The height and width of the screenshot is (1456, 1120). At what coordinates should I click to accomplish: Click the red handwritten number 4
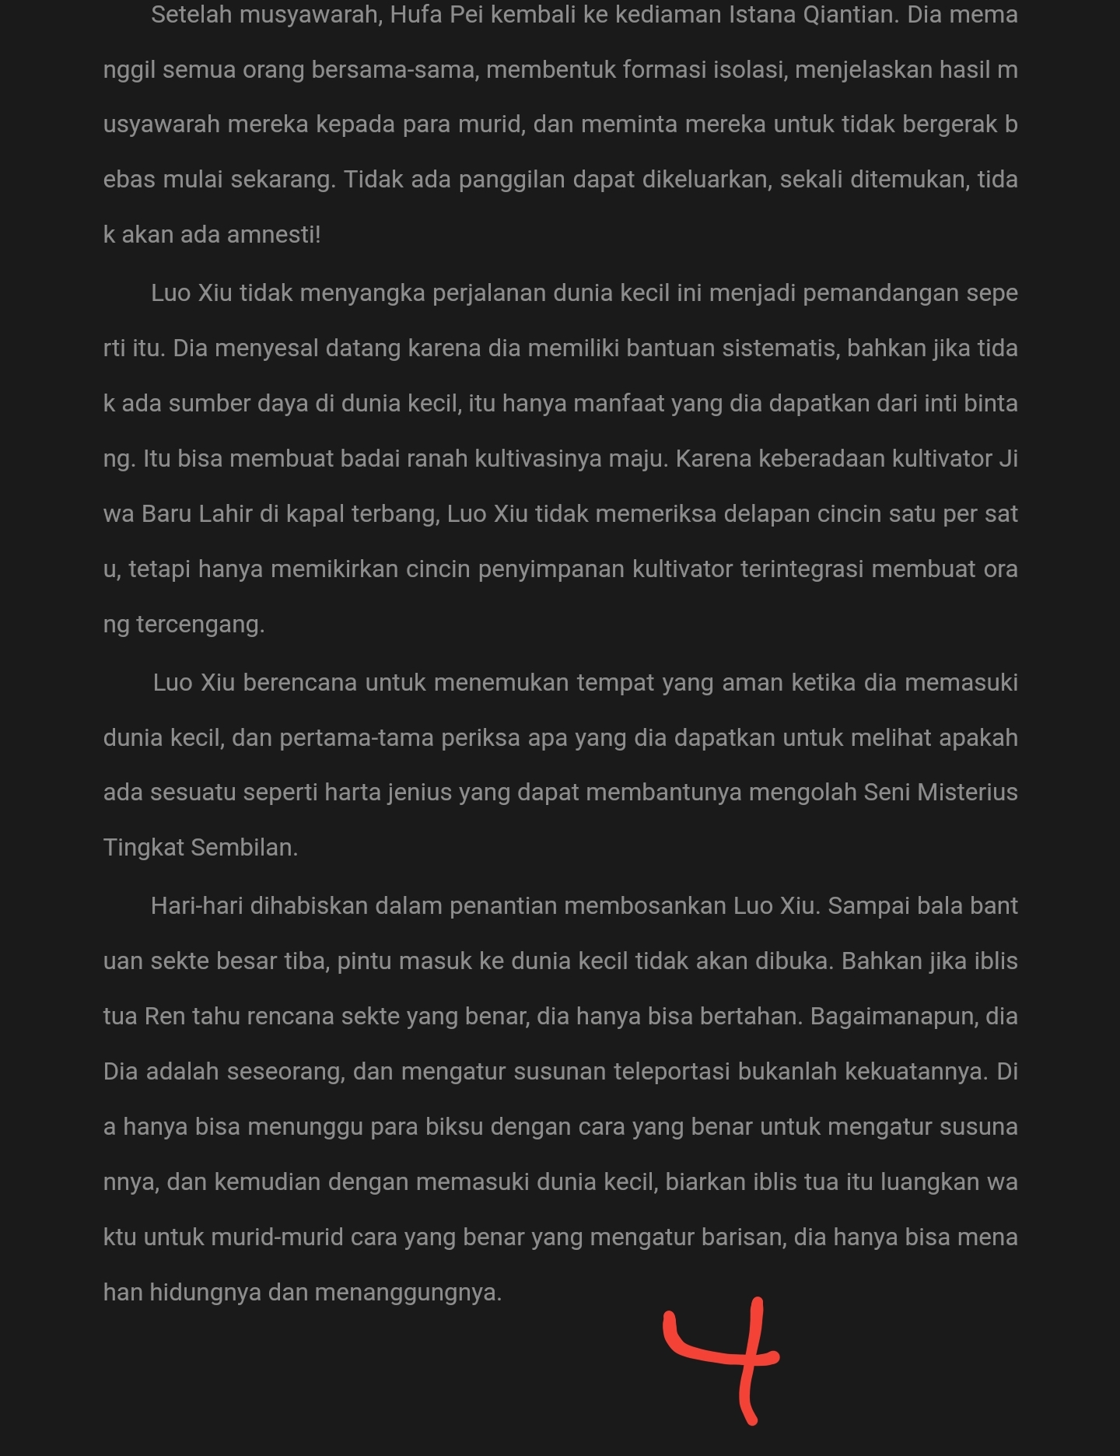(727, 1357)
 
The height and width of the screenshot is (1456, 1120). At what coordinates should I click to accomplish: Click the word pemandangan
(880, 293)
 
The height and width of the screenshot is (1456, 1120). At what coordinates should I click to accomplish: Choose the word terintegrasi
(802, 569)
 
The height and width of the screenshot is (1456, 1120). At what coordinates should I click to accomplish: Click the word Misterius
(968, 793)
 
